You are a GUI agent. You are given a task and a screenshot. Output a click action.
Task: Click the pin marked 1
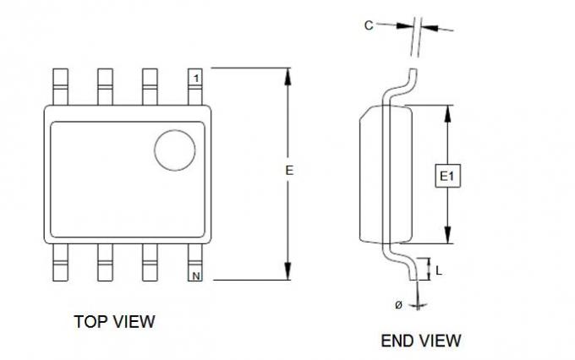point(194,86)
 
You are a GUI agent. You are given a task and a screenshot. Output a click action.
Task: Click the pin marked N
point(194,263)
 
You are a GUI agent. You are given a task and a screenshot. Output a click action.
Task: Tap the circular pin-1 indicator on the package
point(175,150)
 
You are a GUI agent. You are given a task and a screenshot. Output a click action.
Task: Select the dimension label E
point(289,171)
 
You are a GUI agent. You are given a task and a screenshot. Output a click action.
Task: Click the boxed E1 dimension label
point(447,177)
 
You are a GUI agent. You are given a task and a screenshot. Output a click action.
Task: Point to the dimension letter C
point(369,25)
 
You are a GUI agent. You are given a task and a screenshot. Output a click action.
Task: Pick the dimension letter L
point(439,271)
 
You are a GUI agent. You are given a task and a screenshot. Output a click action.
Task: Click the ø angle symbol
point(399,304)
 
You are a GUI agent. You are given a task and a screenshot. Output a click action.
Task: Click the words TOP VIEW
point(114,321)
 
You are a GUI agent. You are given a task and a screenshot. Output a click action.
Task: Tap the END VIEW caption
point(421,341)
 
